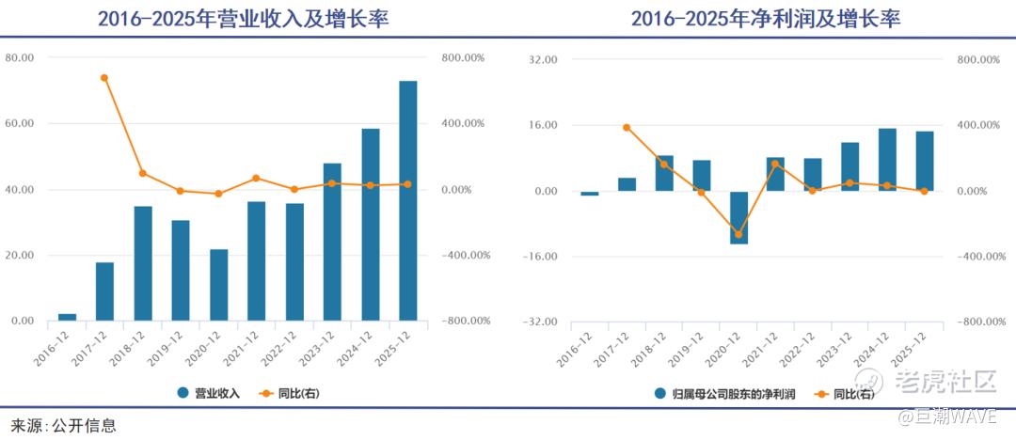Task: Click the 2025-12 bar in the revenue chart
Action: (407, 200)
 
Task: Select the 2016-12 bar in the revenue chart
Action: (67, 317)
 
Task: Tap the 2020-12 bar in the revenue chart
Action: (218, 285)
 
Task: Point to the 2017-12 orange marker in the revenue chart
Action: (104, 78)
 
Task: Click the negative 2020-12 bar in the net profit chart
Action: (738, 217)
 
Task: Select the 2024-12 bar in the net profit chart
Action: (887, 160)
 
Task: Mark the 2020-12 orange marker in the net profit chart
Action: (738, 234)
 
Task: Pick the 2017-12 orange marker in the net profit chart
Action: (627, 127)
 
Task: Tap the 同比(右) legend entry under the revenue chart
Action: (291, 393)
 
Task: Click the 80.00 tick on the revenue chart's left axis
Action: (19, 57)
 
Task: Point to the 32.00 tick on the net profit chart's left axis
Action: (545, 59)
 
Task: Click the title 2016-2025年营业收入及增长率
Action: (243, 19)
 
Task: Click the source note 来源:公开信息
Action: (64, 425)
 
